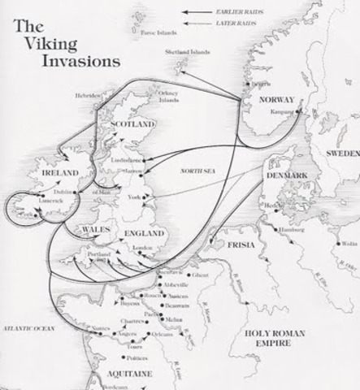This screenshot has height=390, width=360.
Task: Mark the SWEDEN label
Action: [340, 153]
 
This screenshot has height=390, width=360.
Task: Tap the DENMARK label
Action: [284, 175]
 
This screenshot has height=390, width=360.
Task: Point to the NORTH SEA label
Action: [198, 173]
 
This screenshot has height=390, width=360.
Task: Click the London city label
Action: [143, 249]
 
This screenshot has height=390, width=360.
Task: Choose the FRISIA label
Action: [241, 245]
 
